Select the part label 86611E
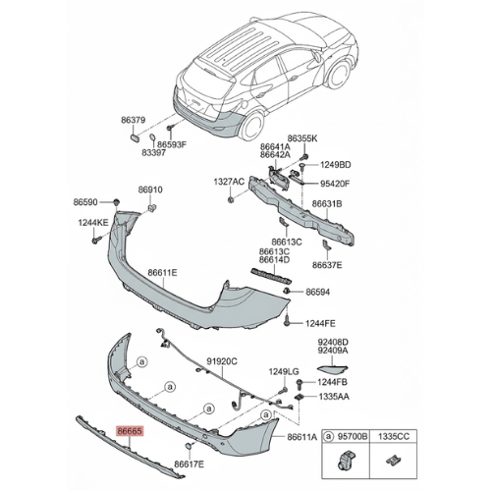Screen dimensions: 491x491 point(163,272)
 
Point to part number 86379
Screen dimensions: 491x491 point(135,119)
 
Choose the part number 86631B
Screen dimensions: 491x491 point(328,205)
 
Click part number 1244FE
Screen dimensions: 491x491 point(321,321)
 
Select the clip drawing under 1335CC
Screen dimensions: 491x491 point(395,458)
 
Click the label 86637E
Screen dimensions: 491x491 point(328,264)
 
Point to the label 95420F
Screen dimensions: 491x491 point(333,183)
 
